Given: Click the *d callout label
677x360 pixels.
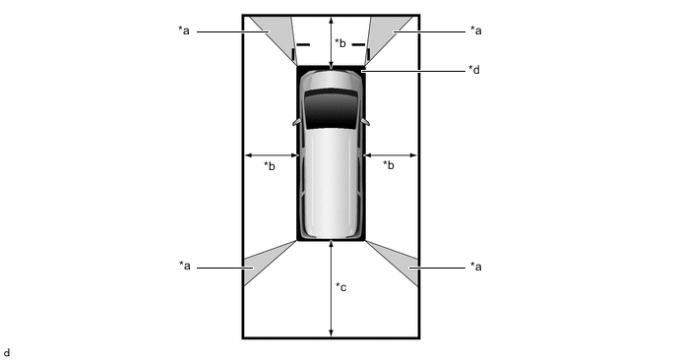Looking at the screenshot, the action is pyautogui.click(x=474, y=70).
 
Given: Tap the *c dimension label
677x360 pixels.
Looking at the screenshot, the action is pyautogui.click(x=341, y=287).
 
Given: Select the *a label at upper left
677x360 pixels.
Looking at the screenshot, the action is pyautogui.click(x=184, y=30).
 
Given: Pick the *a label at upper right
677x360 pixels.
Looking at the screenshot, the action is pyautogui.click(x=476, y=30).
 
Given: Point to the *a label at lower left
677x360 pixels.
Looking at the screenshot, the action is pyautogui.click(x=185, y=266).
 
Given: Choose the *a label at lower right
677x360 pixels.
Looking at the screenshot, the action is pyautogui.click(x=476, y=267).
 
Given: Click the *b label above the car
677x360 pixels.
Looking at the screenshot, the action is pyautogui.click(x=340, y=42).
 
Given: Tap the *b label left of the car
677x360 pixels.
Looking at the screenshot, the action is pyautogui.click(x=270, y=166).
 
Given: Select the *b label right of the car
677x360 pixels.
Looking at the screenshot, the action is pyautogui.click(x=389, y=165).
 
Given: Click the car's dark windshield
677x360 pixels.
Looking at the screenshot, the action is pyautogui.click(x=332, y=109).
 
